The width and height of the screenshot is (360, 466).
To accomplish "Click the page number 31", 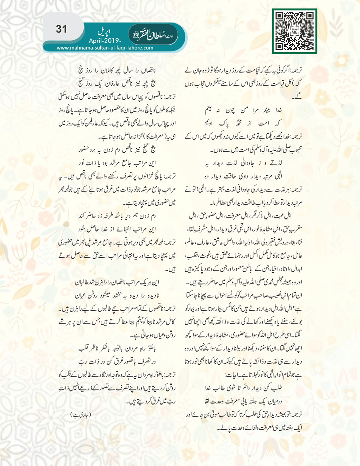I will point(61,29).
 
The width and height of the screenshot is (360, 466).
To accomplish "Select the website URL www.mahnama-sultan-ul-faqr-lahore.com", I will point(105,48).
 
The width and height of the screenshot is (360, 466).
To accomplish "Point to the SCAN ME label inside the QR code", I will point(295,31).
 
